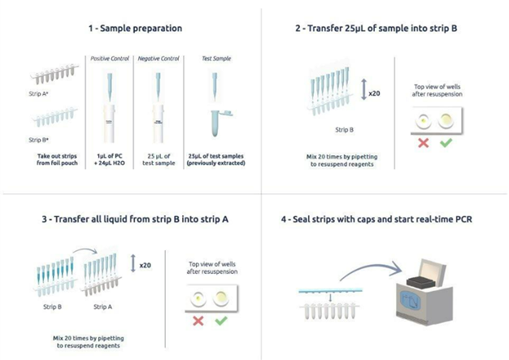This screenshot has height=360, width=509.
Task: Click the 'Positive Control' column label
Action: [x=110, y=59]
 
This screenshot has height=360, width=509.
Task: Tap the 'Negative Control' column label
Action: [x=159, y=59]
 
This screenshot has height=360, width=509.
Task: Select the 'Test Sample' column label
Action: [x=216, y=59]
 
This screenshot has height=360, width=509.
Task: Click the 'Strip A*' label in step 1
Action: [x=39, y=93]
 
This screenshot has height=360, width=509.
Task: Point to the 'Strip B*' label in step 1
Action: [x=39, y=140]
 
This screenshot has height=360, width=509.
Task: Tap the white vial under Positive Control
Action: [x=109, y=124]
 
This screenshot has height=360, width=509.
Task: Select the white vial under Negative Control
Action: [x=158, y=124]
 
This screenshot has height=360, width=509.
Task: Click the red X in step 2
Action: [x=424, y=143]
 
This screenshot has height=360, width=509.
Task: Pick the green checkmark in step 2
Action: [x=446, y=143]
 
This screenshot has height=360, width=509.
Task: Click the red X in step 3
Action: [x=198, y=321]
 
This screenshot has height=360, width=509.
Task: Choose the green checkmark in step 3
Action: [x=221, y=321]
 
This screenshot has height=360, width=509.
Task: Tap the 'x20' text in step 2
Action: [x=374, y=93]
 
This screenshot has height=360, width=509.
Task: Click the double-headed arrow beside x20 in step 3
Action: [x=133, y=263]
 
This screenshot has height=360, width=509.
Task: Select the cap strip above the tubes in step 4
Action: [x=330, y=291]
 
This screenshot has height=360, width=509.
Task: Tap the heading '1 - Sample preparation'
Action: [x=135, y=28]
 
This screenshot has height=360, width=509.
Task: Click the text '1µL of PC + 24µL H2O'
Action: [x=110, y=159]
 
